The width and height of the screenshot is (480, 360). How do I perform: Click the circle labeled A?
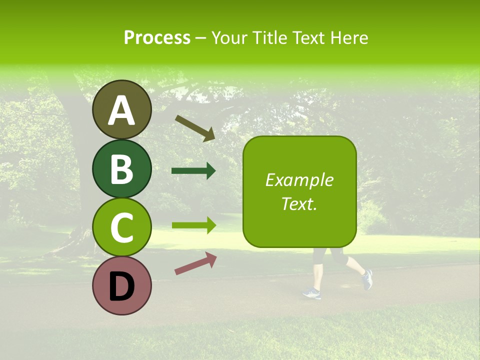pyautogui.click(x=121, y=109)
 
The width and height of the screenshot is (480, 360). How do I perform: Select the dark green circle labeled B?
pyautogui.click(x=121, y=168)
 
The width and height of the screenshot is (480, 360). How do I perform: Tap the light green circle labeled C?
pyautogui.click(x=121, y=227)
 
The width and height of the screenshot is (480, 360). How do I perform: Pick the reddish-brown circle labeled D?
pyautogui.click(x=121, y=286)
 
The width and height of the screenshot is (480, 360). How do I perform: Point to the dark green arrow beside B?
pyautogui.click(x=193, y=171)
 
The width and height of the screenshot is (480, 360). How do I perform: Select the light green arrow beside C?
pyautogui.click(x=193, y=225)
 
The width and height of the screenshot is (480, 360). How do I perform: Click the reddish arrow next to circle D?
pyautogui.click(x=195, y=263)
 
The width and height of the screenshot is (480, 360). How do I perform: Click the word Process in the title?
pyautogui.click(x=157, y=37)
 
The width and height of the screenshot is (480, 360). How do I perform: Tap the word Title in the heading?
pyautogui.click(x=270, y=37)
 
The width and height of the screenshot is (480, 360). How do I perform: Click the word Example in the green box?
pyautogui.click(x=299, y=180)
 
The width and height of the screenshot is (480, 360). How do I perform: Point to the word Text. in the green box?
pyautogui.click(x=299, y=203)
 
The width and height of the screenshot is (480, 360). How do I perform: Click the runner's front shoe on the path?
pyautogui.click(x=311, y=293)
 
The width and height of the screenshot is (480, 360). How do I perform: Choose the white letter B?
pyautogui.click(x=121, y=169)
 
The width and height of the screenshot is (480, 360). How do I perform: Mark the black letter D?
pyautogui.click(x=121, y=286)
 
